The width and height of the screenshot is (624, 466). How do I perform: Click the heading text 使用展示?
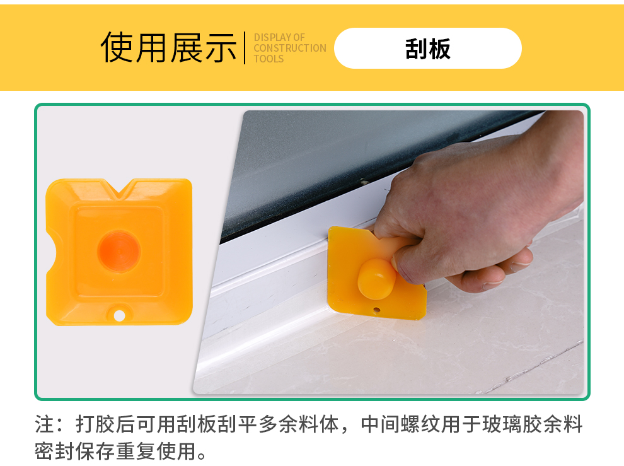point(169,48)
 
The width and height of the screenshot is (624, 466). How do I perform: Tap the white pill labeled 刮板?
point(428,48)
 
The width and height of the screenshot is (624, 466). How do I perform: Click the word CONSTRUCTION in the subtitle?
point(290,48)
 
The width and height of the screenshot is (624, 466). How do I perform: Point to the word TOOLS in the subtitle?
point(269,59)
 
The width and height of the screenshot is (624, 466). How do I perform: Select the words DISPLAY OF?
point(279,37)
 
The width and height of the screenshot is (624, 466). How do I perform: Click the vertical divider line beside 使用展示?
point(245,48)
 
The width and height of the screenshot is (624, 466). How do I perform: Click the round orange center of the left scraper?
point(119,252)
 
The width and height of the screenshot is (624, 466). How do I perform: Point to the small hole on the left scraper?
point(119,316)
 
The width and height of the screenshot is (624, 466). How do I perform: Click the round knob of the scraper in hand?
point(376,279)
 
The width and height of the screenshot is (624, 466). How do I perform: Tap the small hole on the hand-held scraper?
point(376,310)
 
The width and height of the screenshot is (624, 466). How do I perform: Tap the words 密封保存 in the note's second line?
point(75,451)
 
